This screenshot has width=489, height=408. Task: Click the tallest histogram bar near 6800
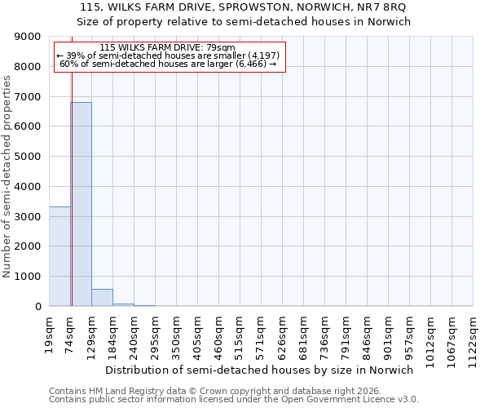tap(81, 204)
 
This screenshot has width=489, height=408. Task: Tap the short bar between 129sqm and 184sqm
tap(102, 298)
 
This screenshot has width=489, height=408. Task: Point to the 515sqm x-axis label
tap(240, 334)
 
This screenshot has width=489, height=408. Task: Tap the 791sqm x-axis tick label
tap(346, 334)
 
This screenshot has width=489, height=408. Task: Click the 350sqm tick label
tap(176, 334)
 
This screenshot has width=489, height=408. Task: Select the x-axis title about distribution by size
tap(259, 370)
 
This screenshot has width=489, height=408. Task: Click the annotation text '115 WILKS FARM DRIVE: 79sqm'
tap(167, 48)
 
